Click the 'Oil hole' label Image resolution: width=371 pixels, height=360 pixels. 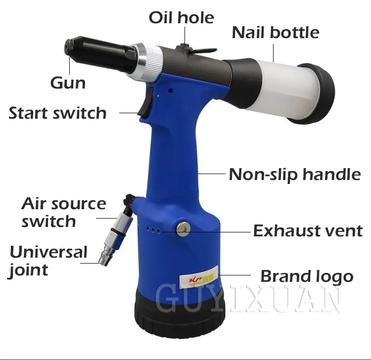(182, 17)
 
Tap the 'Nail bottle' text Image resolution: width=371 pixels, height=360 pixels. (276, 32)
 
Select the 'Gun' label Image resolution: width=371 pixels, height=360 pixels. (68, 83)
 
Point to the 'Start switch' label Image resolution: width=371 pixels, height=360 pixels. (57, 113)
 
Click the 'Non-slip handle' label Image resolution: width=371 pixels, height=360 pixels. (295, 175)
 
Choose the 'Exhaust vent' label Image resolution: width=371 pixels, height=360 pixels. (308, 230)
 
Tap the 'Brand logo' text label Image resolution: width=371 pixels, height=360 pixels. (307, 276)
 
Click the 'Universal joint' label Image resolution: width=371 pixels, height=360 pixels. (48, 261)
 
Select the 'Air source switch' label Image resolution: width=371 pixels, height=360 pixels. (64, 212)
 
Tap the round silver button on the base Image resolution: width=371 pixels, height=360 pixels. (183, 229)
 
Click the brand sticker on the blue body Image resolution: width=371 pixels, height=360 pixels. (199, 276)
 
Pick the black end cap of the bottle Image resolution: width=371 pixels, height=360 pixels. (315, 94)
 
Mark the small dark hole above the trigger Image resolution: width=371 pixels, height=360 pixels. (171, 90)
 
